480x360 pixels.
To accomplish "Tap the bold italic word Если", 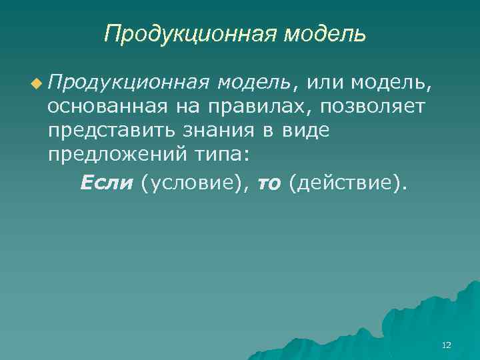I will (x=107, y=181).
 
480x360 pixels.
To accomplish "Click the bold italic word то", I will (x=269, y=182).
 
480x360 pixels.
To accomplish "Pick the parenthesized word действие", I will (x=347, y=182).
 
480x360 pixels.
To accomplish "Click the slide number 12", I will (x=446, y=345).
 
